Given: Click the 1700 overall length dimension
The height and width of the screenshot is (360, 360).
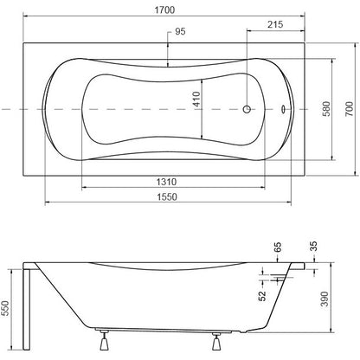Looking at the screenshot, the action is pyautogui.click(x=164, y=10).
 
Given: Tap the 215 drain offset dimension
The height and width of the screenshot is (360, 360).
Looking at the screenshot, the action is pyautogui.click(x=275, y=24).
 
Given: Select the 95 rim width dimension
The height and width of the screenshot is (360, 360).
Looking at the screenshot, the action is pyautogui.click(x=180, y=31).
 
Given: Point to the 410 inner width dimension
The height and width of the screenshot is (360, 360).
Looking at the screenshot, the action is pyautogui.click(x=196, y=100).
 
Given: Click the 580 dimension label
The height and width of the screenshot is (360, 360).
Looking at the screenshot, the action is pyautogui.click(x=326, y=109).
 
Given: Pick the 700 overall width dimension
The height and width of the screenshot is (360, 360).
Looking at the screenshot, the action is pyautogui.click(x=350, y=109).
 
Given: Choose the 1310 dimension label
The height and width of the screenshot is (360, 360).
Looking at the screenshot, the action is pyautogui.click(x=166, y=182).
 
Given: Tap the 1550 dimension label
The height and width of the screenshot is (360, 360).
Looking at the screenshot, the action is pyautogui.click(x=167, y=196).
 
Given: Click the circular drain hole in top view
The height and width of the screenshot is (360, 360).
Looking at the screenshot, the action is pyautogui.click(x=247, y=109).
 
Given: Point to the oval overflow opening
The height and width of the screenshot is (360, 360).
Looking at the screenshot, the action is pyautogui.click(x=283, y=109).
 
